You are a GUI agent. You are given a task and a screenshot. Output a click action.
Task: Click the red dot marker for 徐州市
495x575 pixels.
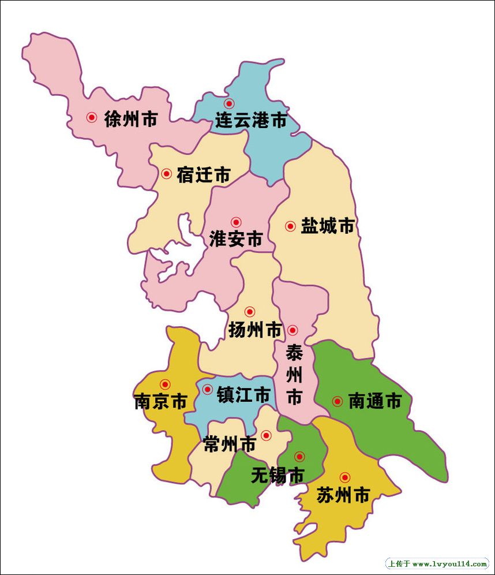pos(92,117)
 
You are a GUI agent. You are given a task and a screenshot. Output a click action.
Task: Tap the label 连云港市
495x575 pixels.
pos(251,120)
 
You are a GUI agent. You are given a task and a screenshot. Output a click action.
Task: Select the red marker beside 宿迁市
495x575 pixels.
pos(166,173)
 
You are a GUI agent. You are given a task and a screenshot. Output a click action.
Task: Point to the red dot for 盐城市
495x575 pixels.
pos(290,226)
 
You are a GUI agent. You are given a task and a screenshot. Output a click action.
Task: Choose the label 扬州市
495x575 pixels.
pos(255,330)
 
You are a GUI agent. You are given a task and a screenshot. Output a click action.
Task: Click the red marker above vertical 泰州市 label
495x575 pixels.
pos(292,330)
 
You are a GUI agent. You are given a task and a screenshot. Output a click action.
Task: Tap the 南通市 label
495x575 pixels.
pos(374,401)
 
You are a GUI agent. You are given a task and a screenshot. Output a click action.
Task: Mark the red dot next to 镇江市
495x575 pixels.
pos(207,390)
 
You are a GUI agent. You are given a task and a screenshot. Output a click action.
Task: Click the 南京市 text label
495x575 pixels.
pos(160,401)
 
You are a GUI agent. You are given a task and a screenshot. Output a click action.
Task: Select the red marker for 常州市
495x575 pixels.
pos(266,435)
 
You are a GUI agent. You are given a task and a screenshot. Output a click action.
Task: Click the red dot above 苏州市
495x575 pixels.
pos(344,477)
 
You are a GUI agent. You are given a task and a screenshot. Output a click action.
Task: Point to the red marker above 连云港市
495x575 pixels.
pos(229,104)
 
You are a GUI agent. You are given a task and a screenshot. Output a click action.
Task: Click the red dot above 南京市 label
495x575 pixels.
pos(166,384)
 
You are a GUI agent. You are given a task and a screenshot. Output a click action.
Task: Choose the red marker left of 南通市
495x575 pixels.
pos(337,401)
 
